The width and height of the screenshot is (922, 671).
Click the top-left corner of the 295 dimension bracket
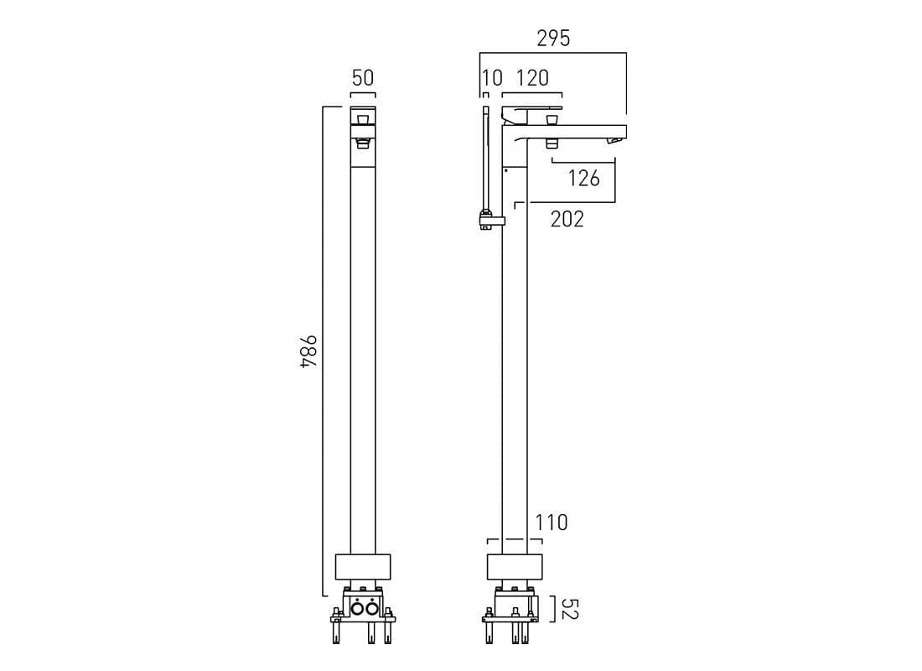479,53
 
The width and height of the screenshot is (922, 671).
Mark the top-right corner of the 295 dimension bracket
626,53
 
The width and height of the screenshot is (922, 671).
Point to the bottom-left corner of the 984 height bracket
324,596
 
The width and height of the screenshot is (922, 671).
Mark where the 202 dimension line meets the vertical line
615,202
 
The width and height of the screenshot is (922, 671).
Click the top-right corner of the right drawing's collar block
542,554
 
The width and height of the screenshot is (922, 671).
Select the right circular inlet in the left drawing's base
370,609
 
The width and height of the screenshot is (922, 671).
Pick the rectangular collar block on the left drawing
363,567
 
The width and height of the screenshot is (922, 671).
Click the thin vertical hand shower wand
485,159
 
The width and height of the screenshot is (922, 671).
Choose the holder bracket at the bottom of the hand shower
492,220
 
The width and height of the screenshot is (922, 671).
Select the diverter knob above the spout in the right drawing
552,121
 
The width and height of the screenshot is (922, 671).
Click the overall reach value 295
553,39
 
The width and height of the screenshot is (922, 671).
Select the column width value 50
363,78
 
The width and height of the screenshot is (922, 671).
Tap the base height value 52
570,609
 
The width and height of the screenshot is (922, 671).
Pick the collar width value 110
552,522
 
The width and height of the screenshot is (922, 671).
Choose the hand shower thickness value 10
492,78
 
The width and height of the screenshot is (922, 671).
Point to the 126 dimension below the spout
584,178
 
